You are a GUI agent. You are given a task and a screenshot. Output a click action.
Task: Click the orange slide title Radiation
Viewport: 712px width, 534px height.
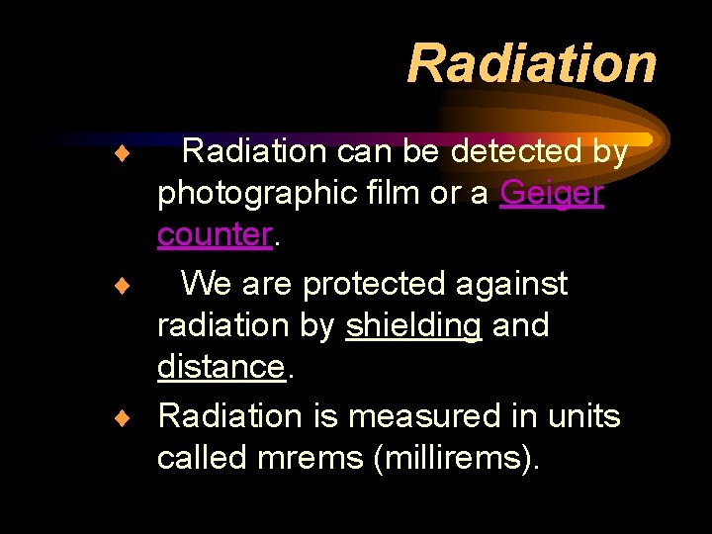[x=532, y=63]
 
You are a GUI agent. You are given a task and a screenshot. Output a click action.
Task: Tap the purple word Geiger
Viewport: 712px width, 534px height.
[x=552, y=193]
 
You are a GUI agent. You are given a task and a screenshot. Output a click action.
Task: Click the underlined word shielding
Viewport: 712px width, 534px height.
[x=413, y=326]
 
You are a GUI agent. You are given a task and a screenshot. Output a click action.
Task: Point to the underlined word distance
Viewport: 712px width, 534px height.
[x=221, y=367]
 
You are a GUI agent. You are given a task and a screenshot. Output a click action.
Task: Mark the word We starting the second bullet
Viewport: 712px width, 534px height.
[x=206, y=285]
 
